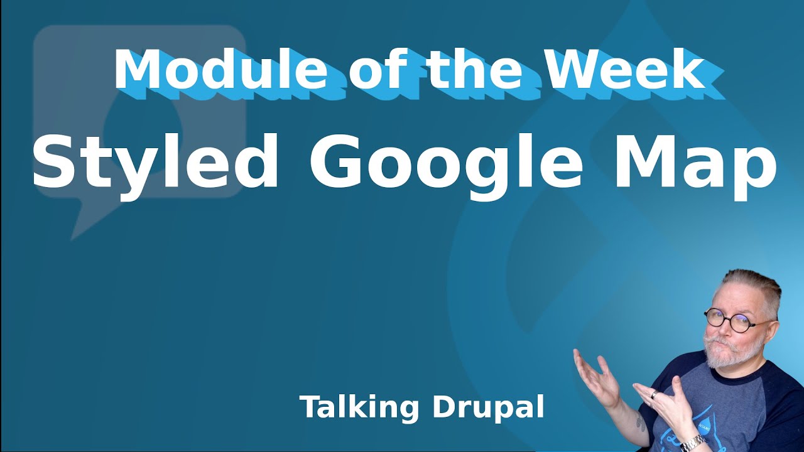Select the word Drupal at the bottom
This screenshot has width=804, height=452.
487,408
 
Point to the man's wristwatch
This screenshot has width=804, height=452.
693,444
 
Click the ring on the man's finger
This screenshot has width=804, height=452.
655,395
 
